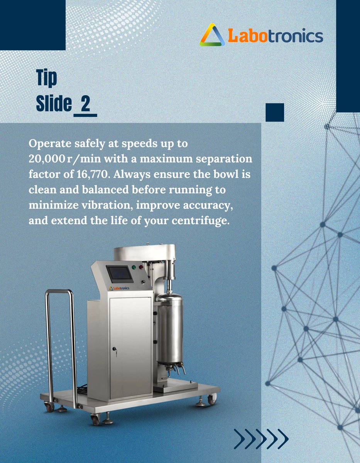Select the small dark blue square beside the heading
point(275,112)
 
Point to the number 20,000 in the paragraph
point(47,159)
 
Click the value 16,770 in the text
point(89,174)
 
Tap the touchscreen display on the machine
point(120,274)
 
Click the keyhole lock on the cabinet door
point(115,349)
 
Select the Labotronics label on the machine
point(119,288)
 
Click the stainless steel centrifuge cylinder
point(169,328)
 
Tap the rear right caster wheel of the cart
point(212,399)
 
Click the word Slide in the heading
point(54,104)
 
